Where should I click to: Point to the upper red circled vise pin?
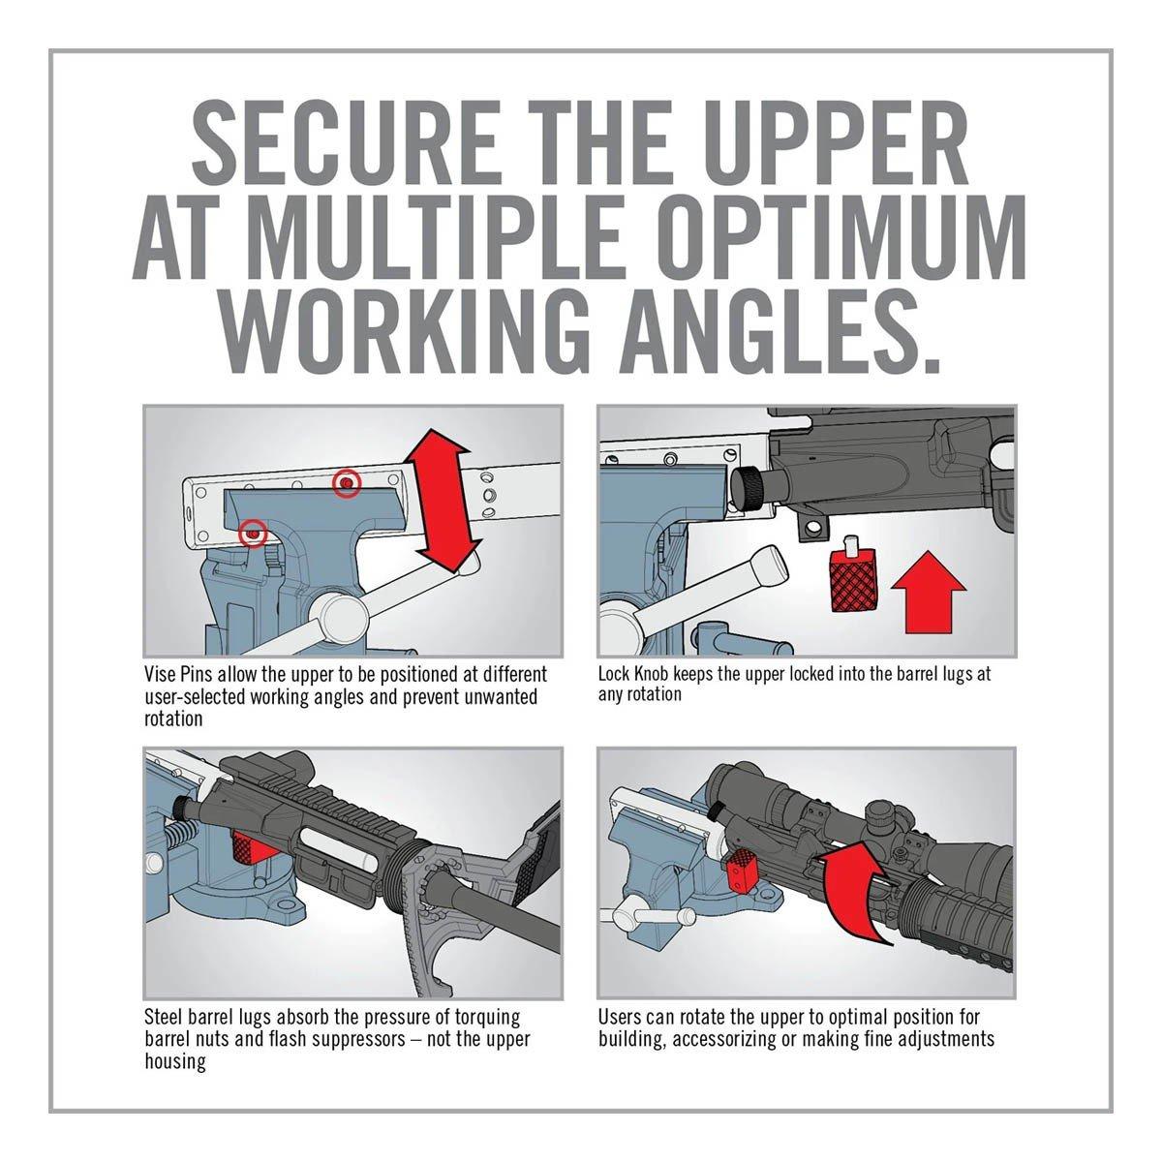click(x=346, y=483)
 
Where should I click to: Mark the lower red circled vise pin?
click(x=254, y=531)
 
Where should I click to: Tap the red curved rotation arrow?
click(x=857, y=899)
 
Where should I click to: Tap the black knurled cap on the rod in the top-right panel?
click(x=750, y=482)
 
